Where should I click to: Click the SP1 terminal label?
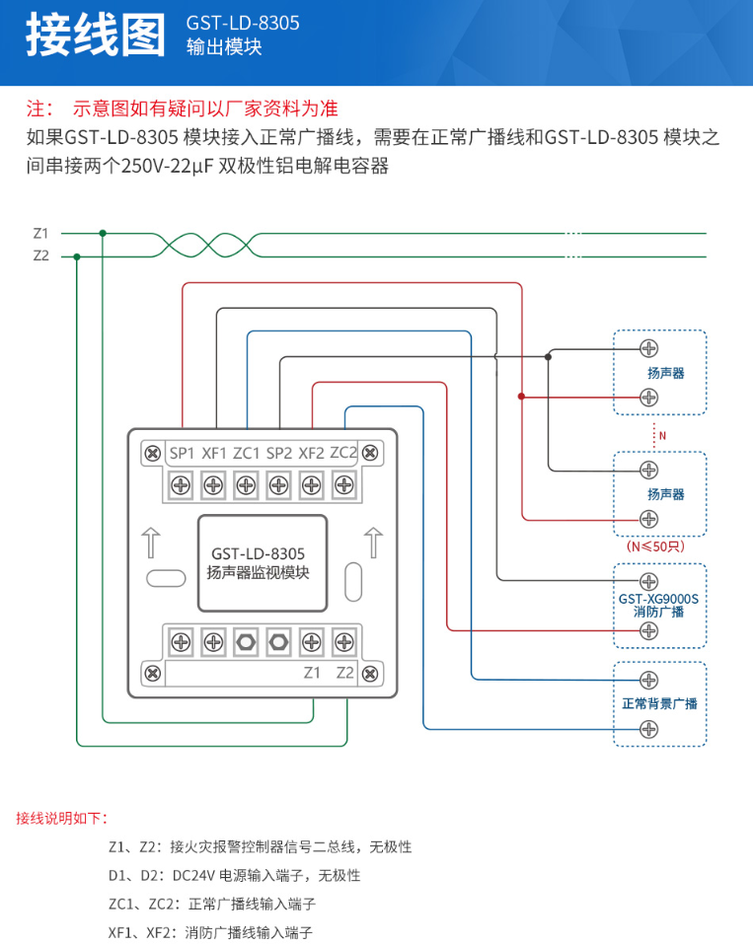[182, 454]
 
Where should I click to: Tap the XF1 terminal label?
[214, 454]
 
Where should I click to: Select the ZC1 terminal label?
[247, 454]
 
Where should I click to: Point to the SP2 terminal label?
[279, 454]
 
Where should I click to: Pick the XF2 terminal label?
[312, 454]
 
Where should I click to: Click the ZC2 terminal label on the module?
[343, 453]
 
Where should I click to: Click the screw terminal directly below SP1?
[182, 484]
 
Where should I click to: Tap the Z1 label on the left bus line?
[40, 234]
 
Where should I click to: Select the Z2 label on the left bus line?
[40, 255]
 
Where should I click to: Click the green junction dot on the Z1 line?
[103, 234]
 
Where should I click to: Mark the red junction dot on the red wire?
[521, 397]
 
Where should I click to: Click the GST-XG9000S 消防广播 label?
[658, 605]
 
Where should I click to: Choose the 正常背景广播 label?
[659, 704]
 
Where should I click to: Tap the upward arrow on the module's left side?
[151, 544]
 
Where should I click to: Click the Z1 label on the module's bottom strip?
[312, 673]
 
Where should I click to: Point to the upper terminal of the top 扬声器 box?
[648, 347]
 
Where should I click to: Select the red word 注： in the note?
[40, 109]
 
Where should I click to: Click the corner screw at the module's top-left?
[153, 454]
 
